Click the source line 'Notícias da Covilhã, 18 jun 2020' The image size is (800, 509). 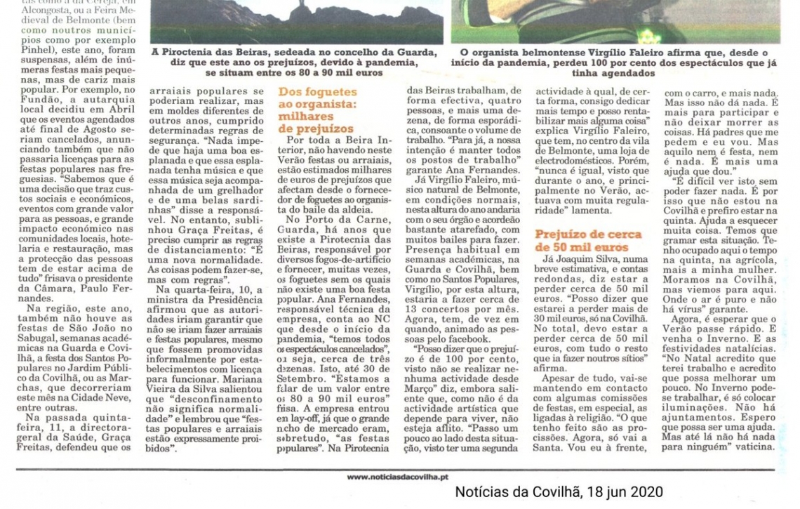559,492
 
